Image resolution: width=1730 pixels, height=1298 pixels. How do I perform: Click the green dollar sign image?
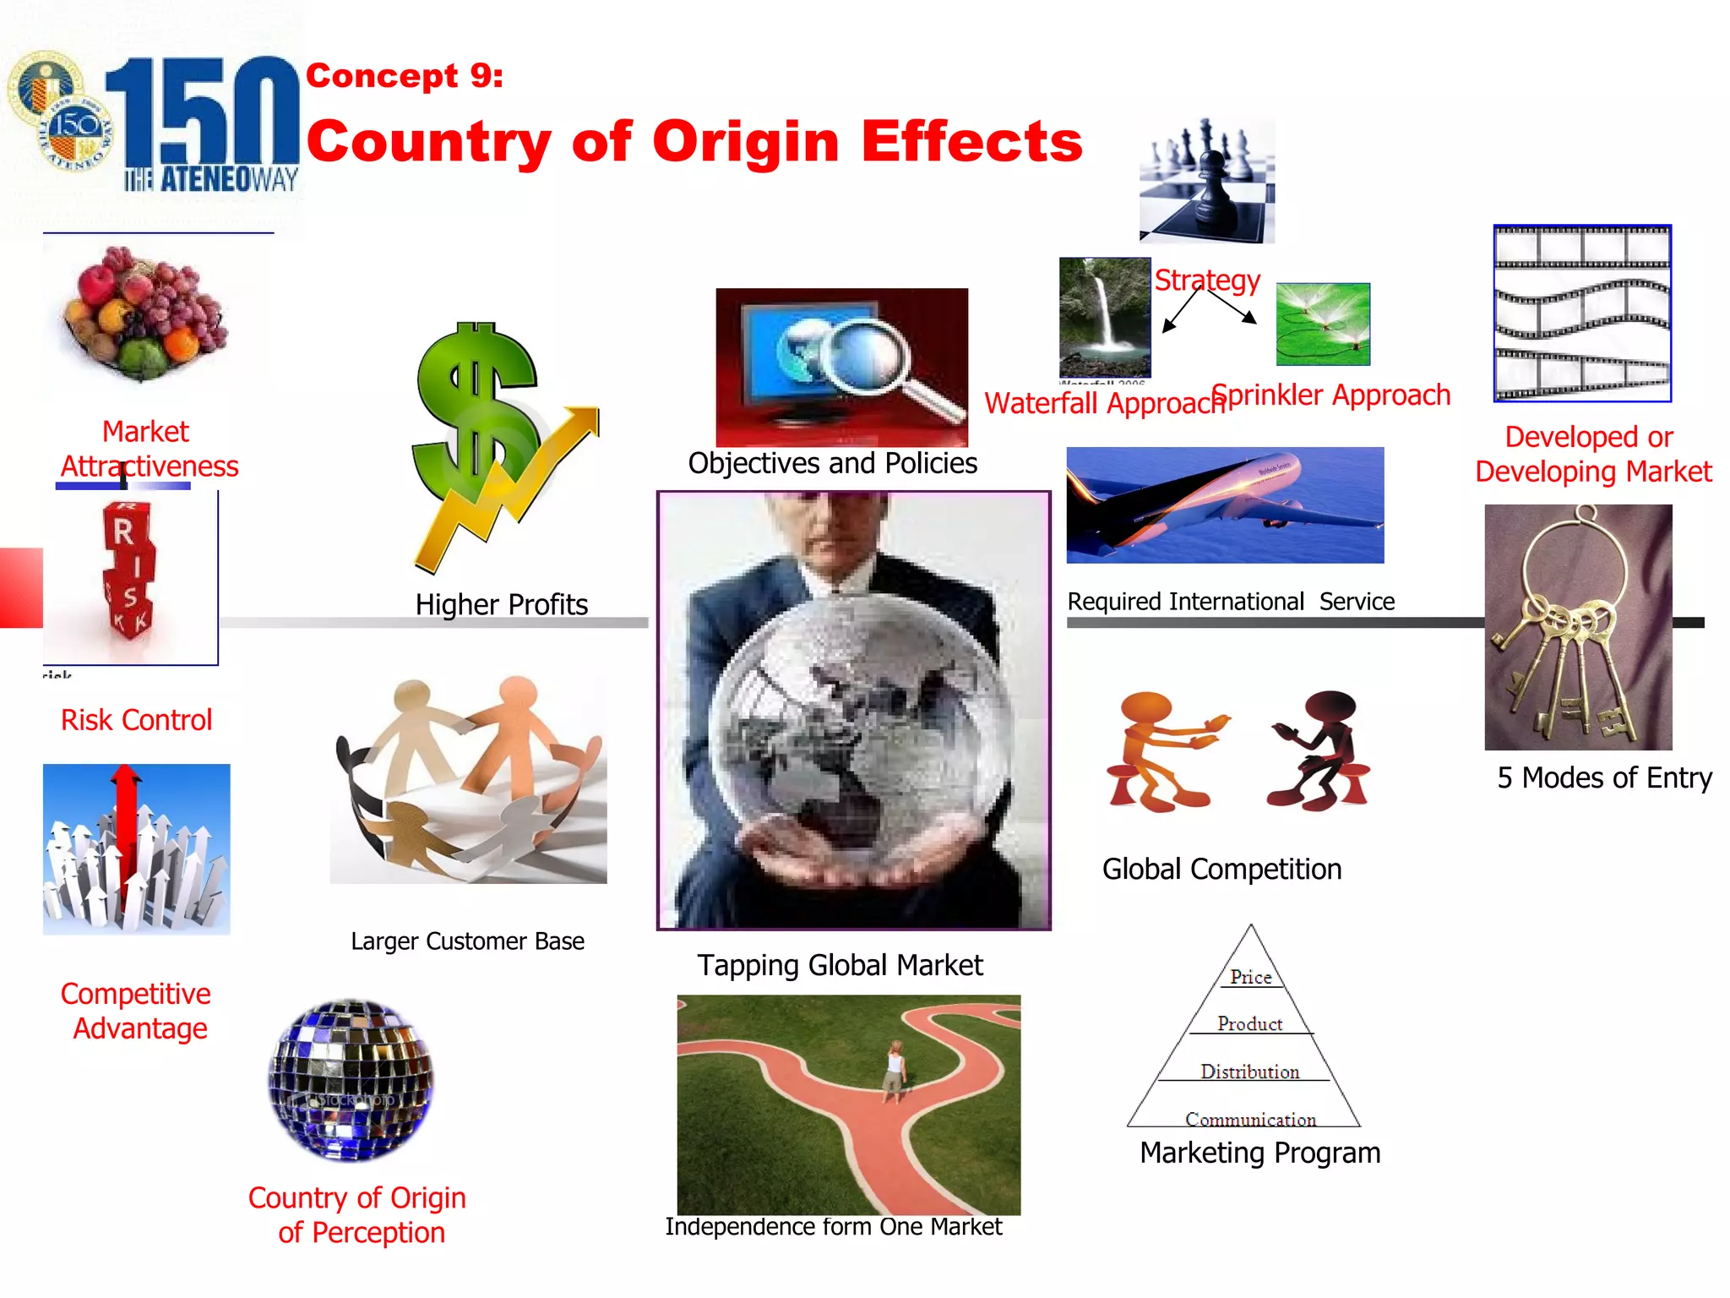[x=477, y=414]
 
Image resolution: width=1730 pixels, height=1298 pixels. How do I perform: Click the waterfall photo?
[x=1104, y=317]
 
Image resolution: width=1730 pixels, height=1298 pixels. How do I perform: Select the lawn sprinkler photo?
[x=1323, y=324]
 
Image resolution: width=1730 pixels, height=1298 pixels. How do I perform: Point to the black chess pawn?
[x=1210, y=190]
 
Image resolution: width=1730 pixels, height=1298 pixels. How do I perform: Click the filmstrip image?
[x=1581, y=313]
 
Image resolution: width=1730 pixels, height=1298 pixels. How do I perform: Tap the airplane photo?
[x=1225, y=504]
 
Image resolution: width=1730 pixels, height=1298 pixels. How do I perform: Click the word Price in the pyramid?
[x=1250, y=977]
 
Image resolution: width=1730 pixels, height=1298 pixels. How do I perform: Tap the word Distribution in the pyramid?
[x=1249, y=1072]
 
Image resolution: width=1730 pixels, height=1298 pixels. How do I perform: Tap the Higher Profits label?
[x=501, y=604]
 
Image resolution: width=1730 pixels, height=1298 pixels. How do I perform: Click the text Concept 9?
[x=404, y=76]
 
